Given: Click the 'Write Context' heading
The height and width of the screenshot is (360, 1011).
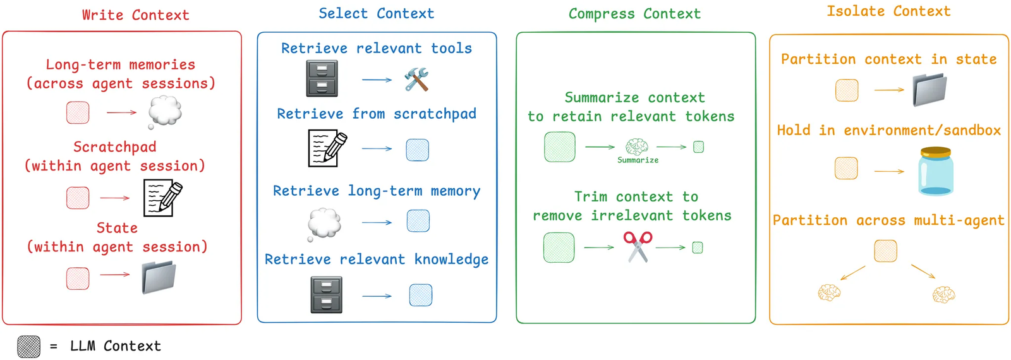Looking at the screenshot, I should [x=135, y=15].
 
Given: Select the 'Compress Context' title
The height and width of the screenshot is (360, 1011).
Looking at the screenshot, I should [x=634, y=14].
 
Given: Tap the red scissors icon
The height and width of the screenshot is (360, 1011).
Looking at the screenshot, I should [x=638, y=246].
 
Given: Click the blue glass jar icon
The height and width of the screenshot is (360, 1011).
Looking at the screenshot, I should [x=935, y=171].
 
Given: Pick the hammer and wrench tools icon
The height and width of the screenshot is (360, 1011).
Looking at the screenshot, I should [x=416, y=80].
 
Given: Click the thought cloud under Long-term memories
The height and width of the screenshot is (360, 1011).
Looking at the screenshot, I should [x=165, y=112].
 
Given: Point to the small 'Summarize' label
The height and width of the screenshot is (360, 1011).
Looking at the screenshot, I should [x=638, y=160].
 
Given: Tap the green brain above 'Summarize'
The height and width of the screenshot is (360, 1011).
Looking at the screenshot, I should [x=636, y=147].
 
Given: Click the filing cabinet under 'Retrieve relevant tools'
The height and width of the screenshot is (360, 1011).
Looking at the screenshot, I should [x=322, y=78].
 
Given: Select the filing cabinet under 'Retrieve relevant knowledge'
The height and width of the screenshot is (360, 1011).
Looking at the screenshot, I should [x=326, y=295].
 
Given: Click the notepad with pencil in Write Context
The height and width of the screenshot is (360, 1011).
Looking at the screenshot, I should [x=162, y=198].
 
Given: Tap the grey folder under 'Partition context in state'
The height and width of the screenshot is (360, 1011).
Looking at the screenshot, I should [x=929, y=90].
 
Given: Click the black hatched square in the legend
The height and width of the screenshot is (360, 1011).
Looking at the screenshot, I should [x=28, y=346].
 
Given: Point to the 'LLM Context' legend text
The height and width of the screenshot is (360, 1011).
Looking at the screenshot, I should [x=115, y=346].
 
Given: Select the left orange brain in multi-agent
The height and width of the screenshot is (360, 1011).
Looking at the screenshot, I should [x=829, y=292].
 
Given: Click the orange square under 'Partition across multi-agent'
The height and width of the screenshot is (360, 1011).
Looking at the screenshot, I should [x=885, y=251].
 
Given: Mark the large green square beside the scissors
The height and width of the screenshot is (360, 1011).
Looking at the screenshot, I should [x=559, y=247].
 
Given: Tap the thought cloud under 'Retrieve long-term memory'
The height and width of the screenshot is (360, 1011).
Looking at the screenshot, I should [x=324, y=223].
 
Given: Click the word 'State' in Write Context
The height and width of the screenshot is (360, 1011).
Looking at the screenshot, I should [x=117, y=228].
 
